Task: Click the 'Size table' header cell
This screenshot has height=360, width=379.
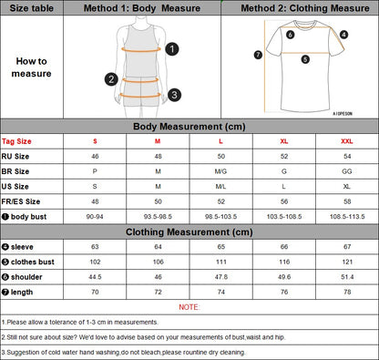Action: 30,8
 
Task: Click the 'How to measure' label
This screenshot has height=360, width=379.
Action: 31,67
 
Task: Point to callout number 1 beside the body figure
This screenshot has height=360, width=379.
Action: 172,49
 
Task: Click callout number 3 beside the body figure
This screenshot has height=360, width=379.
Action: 174,94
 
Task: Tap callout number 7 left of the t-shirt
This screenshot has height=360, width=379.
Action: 258,55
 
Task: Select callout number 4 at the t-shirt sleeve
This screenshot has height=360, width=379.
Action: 343,35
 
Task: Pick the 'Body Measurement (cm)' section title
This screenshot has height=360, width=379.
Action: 189,127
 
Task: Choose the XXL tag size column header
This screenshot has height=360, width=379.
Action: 347,141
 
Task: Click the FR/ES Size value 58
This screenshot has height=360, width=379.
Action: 347,201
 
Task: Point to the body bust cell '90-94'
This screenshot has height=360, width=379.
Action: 95,217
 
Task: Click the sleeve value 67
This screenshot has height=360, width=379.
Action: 347,246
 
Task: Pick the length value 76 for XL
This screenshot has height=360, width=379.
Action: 284,292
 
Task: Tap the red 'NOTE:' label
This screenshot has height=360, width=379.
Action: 189,307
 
